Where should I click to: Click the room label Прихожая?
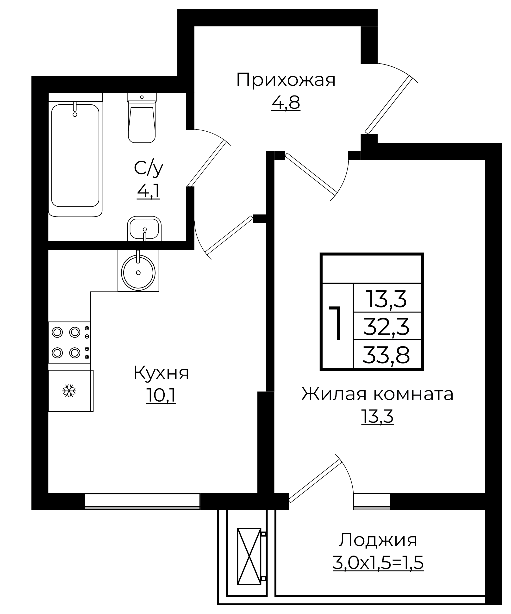[x=286, y=80]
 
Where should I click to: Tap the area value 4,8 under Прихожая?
[x=286, y=103]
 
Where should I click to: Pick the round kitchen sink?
[x=138, y=272]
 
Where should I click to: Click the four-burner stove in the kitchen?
[x=69, y=342]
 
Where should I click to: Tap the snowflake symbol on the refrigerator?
[x=69, y=391]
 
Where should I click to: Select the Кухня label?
[x=161, y=373]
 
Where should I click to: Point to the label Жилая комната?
[x=377, y=394]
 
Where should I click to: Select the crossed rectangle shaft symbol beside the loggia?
[x=249, y=556]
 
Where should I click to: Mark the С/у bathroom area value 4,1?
[x=149, y=192]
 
